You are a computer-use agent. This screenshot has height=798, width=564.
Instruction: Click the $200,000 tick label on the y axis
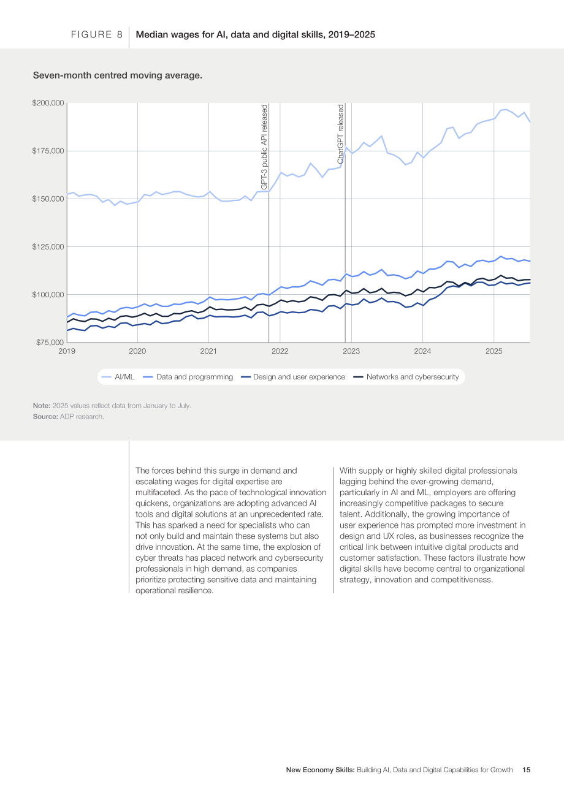pos(48,103)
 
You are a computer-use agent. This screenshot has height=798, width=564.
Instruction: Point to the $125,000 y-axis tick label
pos(48,246)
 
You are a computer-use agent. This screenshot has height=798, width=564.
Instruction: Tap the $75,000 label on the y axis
pos(50,343)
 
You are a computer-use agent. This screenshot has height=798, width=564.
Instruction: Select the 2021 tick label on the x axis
pos(208,351)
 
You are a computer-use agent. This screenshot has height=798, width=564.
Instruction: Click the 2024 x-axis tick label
pos(422,351)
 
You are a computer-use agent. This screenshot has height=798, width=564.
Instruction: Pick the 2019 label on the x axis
pos(67,351)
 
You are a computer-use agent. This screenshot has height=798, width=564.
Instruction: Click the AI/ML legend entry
pos(118,377)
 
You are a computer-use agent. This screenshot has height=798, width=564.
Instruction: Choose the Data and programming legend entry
pos(188,377)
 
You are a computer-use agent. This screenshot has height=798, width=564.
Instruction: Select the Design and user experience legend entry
pos(293,377)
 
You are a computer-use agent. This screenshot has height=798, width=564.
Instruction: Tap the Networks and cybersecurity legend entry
pos(406,377)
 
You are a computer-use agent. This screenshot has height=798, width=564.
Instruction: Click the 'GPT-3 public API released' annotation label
pos(264,147)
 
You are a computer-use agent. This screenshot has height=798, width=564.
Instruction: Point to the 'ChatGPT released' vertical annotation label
pos(341,134)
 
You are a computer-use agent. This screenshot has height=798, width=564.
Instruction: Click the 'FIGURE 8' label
pos(97,34)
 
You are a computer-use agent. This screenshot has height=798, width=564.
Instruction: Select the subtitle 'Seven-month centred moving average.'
pos(118,75)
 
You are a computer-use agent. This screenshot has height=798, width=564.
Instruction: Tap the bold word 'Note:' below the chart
pos(42,406)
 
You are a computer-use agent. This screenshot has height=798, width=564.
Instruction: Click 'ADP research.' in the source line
pos(82,416)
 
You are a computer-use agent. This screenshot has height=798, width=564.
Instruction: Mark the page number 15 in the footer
pos(526,770)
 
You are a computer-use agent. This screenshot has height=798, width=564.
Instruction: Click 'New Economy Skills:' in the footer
pos(320,770)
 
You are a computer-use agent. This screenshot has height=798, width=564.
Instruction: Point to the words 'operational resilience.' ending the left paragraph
pos(175,591)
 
